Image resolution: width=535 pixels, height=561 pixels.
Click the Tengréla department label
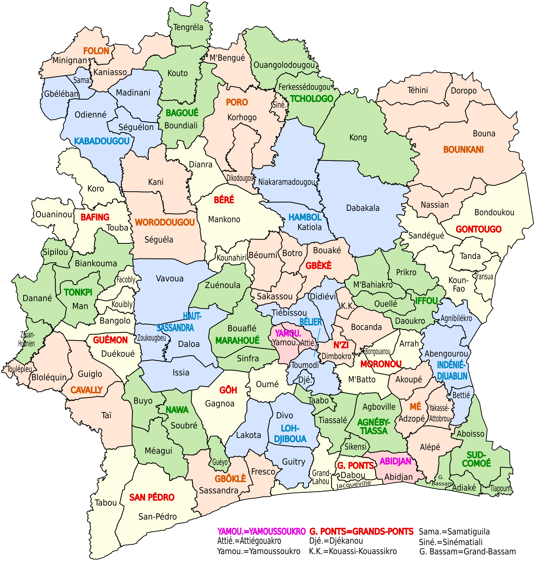pos(188,27)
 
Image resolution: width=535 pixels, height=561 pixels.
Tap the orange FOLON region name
pos(96,51)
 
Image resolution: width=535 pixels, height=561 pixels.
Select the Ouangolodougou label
pos(284,65)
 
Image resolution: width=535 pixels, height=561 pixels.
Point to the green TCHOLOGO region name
pos(311,99)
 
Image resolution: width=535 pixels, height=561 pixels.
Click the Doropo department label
pos(464,91)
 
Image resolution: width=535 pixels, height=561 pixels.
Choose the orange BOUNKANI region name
pos(463,149)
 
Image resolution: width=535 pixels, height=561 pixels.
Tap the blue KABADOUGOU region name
pos(102,141)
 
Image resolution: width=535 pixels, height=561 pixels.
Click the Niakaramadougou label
pos(286,182)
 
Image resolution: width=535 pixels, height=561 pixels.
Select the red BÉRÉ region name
pos(224,200)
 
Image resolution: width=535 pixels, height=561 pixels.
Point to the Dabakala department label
pos(363,208)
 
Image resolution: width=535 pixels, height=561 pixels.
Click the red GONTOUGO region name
pos(479,229)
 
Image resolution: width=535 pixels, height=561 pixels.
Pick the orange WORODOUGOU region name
pos(164,222)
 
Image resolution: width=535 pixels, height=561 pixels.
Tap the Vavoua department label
pos(170,278)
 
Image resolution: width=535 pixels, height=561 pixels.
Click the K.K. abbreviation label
pos(348,306)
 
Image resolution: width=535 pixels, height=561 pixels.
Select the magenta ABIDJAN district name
pos(395,461)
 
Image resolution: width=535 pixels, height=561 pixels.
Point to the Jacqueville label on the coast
pos(354,484)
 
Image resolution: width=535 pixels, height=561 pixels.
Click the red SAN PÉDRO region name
pos(152,498)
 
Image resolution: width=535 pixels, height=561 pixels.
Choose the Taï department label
pos(106,415)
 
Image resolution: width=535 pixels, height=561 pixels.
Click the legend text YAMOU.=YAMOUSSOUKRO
pos(261,532)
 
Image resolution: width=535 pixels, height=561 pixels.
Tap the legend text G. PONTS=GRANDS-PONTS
pos(361,532)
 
